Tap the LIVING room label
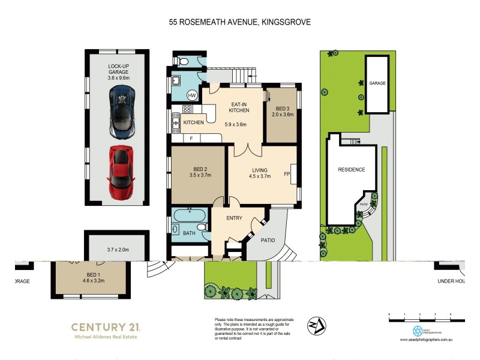tap(259, 172)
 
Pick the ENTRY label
tap(234, 218)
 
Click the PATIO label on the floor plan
tap(268, 241)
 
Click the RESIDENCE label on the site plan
tap(352, 170)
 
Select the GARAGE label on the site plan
tap(377, 83)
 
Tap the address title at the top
tap(239, 22)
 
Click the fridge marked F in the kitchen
tap(191, 139)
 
